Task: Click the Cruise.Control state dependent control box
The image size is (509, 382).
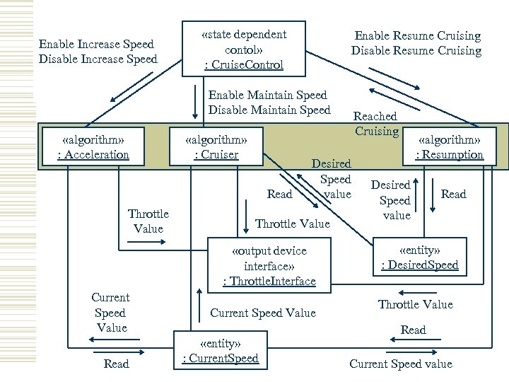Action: [x=244, y=50]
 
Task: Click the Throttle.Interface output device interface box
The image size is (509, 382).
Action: [x=269, y=265]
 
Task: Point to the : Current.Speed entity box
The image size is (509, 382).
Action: [x=220, y=351]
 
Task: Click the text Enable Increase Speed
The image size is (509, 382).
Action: [x=98, y=44]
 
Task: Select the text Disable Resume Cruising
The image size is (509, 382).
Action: [x=416, y=51]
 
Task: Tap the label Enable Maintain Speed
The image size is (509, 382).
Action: [x=267, y=95]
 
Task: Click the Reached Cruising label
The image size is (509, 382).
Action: [x=375, y=123]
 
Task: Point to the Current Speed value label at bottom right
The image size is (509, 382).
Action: [x=401, y=364]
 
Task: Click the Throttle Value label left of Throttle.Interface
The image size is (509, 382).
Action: [x=148, y=221]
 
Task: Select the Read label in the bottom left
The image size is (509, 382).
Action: [x=117, y=364]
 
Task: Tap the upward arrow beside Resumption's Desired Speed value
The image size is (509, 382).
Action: [x=417, y=194]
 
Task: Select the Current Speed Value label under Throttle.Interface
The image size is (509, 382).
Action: [x=263, y=313]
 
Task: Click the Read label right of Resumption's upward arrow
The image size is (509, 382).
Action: [x=454, y=194]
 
